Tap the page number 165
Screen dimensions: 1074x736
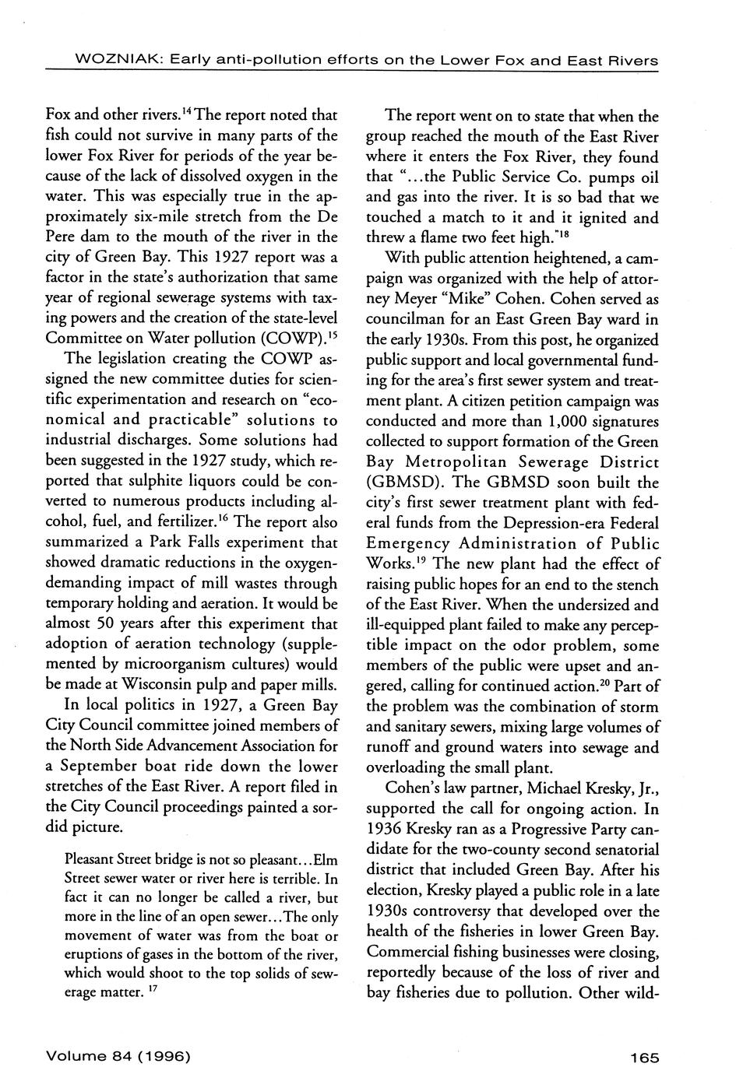[645, 1057]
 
